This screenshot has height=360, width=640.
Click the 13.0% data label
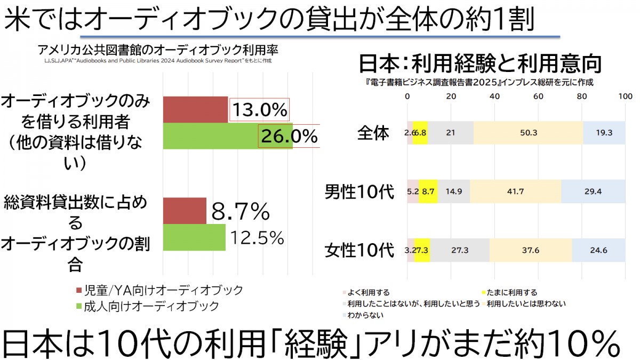259,110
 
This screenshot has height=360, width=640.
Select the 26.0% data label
289,137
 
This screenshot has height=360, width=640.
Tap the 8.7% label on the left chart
241,212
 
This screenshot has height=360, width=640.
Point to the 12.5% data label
257,238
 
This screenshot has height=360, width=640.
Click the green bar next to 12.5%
194,237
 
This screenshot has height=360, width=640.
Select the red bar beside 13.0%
195,110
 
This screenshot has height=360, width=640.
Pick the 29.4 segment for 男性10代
593,191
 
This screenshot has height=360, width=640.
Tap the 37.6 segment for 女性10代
531,250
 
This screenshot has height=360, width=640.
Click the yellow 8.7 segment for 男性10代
428,191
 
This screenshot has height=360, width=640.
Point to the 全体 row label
373,133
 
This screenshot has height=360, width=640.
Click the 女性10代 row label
359,250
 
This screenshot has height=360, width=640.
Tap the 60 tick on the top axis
538,97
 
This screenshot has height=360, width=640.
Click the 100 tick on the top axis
624,97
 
